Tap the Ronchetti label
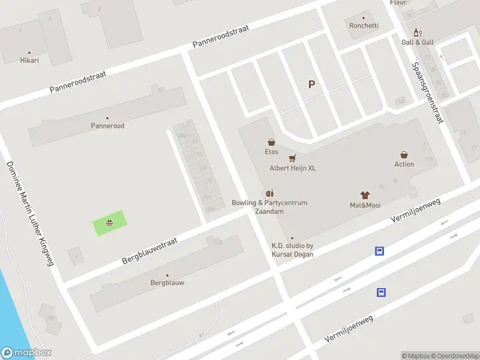point(364,25)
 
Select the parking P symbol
point(311,85)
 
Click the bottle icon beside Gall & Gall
point(417,32)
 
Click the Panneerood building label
point(107,126)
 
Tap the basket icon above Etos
point(272,142)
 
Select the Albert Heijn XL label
point(292,168)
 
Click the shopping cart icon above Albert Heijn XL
point(292,158)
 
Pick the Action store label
point(404,164)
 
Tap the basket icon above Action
point(404,154)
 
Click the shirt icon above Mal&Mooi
point(365,195)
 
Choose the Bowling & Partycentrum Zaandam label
point(269,207)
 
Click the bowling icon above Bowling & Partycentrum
point(269,193)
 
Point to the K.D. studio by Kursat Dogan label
point(292,250)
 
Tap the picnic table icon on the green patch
point(109,223)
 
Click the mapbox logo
point(26,353)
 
